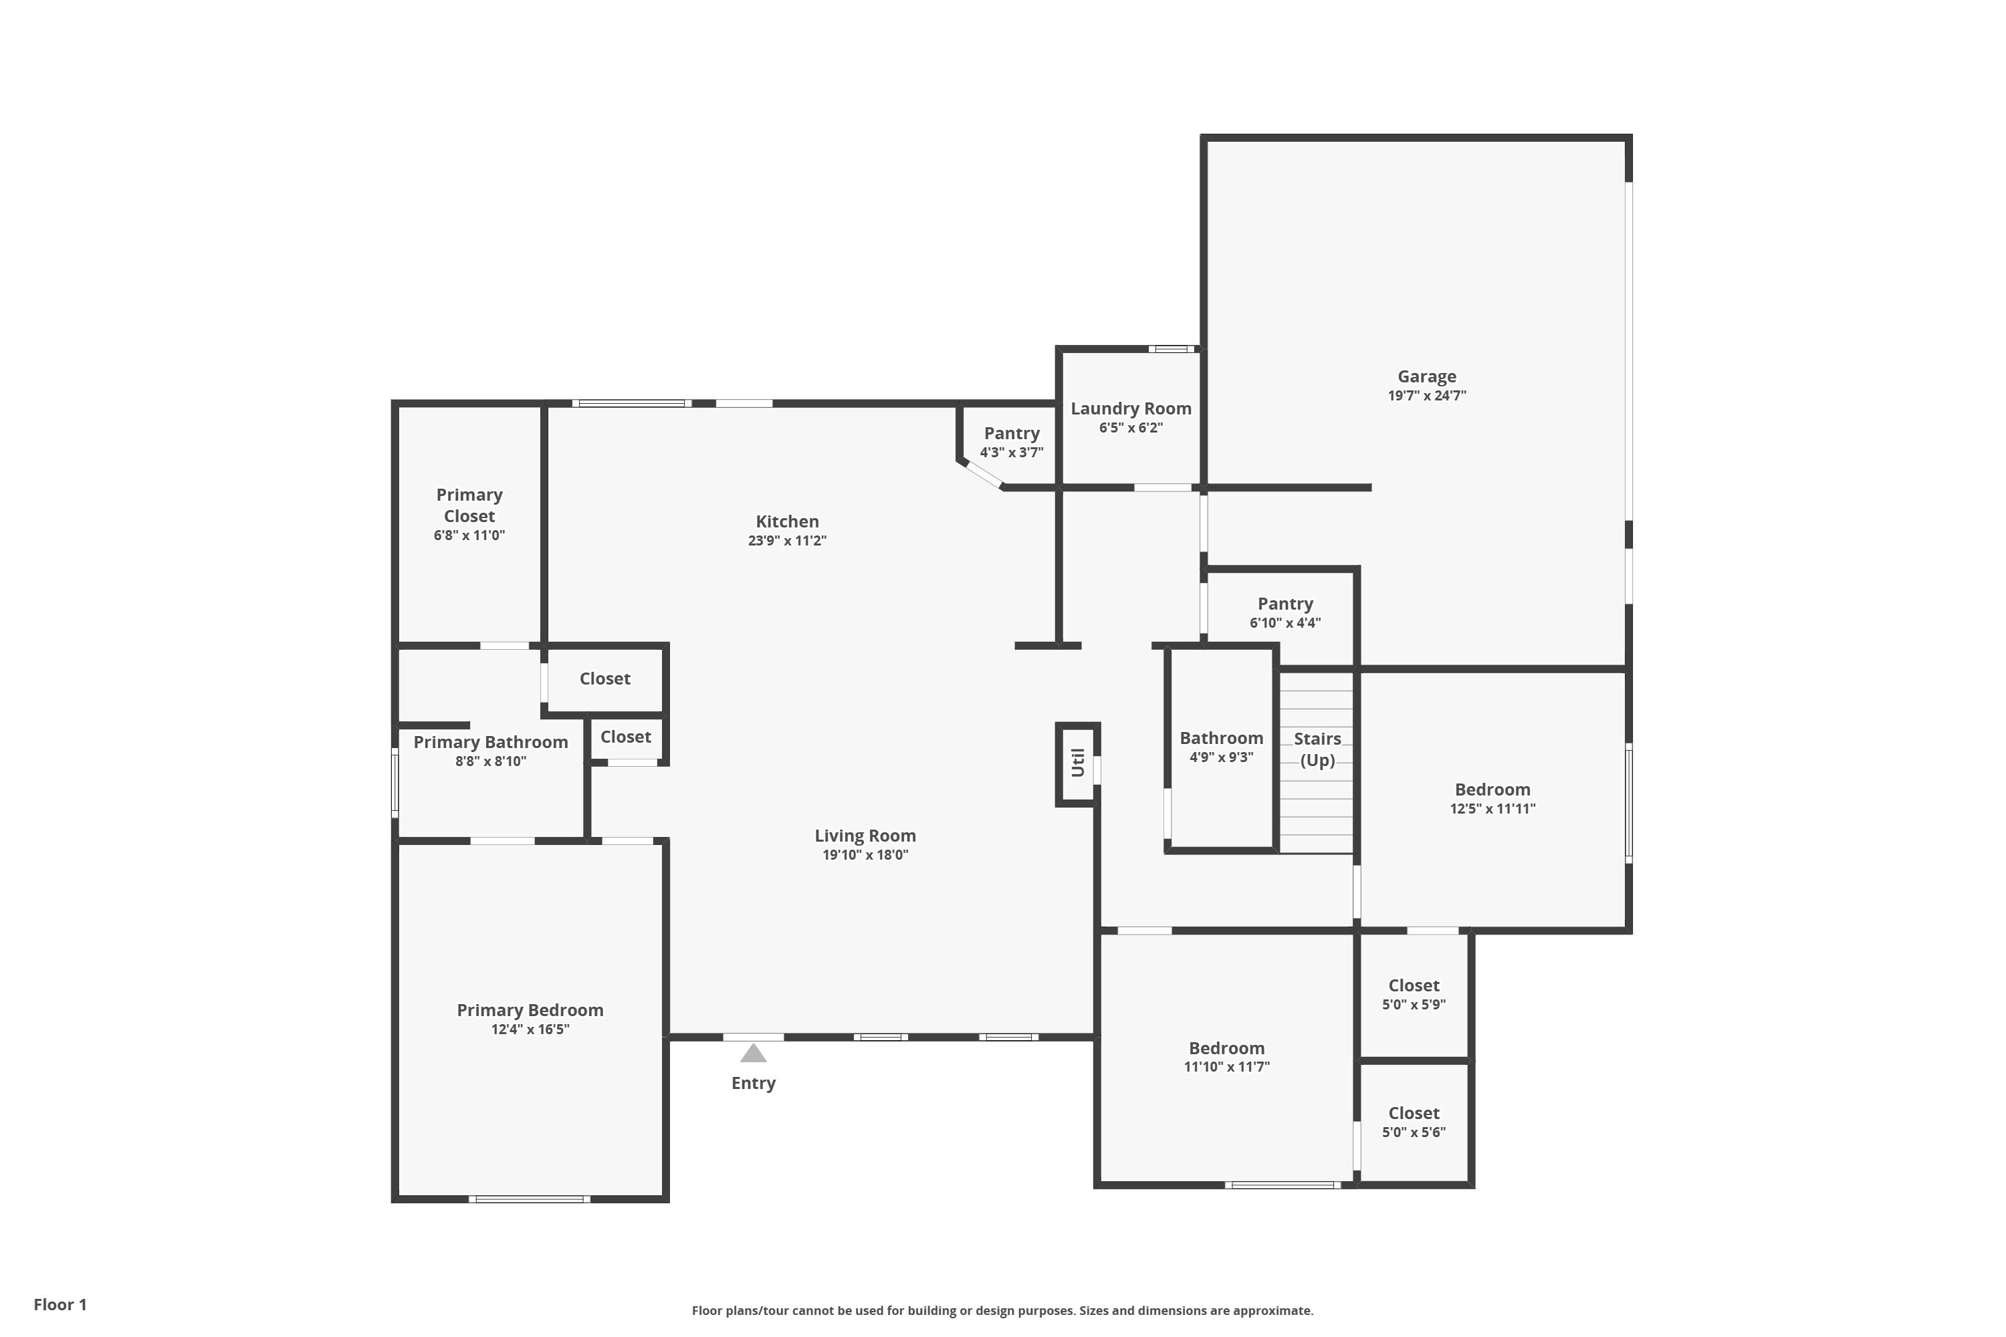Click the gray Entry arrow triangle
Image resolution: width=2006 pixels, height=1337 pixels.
point(753,1054)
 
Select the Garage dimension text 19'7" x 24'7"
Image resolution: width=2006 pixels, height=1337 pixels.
point(1427,396)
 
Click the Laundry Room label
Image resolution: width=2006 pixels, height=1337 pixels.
point(1131,409)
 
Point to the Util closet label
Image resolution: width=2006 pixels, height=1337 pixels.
point(1077,762)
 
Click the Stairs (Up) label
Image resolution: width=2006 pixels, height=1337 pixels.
point(1318,749)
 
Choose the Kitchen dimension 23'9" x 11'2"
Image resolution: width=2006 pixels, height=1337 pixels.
point(787,541)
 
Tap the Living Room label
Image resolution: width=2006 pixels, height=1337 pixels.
point(865,836)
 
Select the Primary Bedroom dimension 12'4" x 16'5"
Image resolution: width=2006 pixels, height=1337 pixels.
point(530,1029)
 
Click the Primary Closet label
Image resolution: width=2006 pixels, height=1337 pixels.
point(469,505)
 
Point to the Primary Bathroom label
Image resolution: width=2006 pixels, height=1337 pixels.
point(490,743)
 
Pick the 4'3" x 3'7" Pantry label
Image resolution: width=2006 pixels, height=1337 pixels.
point(1012,434)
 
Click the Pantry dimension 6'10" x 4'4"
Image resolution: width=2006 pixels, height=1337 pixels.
point(1285,623)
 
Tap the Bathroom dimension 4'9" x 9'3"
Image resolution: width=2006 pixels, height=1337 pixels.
point(1222,757)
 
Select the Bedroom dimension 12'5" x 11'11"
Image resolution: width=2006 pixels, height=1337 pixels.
point(1492,808)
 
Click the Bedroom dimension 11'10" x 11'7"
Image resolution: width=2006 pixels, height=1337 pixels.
point(1226,1067)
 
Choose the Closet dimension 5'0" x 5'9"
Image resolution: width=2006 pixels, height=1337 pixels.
point(1414,1005)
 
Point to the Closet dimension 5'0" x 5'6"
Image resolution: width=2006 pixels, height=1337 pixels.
point(1414,1132)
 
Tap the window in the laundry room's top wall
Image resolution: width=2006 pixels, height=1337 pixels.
point(1171,349)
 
